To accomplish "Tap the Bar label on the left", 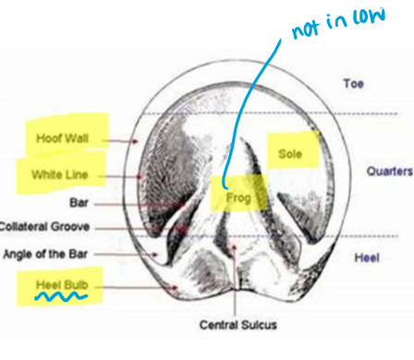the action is tap(79, 200).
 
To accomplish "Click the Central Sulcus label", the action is tap(237, 325).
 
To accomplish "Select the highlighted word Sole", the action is tap(290, 154).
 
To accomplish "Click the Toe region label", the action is tap(353, 82).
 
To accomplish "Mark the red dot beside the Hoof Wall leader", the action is tap(136, 142).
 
